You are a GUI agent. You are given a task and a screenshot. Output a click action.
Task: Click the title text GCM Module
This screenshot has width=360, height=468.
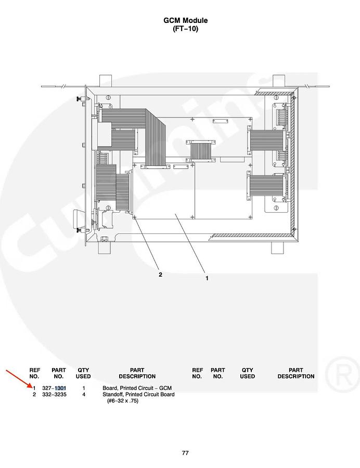click(185, 21)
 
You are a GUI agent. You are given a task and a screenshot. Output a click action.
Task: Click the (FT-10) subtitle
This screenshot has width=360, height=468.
click(185, 29)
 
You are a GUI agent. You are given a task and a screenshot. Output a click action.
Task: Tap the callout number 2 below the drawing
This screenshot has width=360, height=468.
click(160, 275)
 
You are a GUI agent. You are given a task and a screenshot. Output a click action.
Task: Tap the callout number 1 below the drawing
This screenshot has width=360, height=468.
click(207, 278)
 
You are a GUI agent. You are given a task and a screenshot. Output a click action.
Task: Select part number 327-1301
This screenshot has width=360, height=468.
click(54, 388)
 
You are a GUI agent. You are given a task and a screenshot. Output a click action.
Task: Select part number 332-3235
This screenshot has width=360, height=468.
click(54, 394)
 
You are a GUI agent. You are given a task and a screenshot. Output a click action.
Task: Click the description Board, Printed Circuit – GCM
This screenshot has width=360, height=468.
click(137, 388)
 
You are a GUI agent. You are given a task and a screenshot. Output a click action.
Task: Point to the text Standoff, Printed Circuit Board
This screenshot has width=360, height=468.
click(138, 394)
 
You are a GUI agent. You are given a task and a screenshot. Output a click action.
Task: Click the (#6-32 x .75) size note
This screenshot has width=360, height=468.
click(123, 400)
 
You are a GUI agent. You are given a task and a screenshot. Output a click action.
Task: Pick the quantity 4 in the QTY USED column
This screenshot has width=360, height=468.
click(84, 394)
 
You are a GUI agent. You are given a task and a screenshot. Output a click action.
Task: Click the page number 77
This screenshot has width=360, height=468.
click(185, 453)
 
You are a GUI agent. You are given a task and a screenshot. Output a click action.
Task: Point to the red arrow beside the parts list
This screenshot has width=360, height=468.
click(19, 379)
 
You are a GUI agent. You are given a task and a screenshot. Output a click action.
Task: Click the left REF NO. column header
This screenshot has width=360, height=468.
click(34, 373)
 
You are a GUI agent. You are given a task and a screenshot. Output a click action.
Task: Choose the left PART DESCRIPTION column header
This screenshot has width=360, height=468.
click(137, 373)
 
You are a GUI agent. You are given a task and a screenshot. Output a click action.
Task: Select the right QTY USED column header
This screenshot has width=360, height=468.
click(248, 373)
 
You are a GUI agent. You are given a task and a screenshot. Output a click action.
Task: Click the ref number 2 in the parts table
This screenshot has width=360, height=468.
click(34, 394)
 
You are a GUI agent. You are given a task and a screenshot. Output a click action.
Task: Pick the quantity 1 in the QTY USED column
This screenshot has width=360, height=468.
click(84, 388)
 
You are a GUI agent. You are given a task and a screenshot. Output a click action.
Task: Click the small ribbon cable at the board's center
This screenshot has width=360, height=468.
click(201, 151)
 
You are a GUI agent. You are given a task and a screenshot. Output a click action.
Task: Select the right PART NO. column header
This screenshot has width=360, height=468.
click(218, 373)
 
